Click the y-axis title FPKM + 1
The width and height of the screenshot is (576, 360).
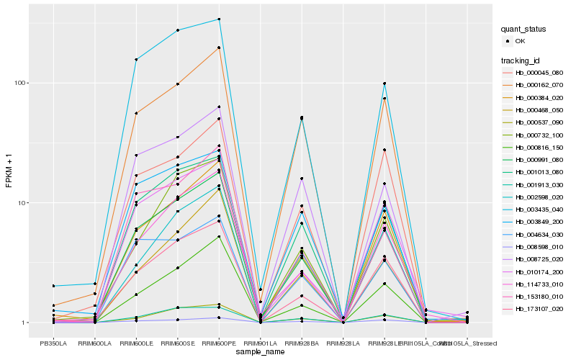9,171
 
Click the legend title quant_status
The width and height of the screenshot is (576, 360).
525,30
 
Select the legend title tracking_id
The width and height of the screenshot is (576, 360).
521,60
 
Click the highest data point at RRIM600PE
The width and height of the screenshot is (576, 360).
219,19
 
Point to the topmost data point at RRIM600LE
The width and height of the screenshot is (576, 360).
136,59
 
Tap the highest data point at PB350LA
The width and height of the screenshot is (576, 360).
53,286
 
